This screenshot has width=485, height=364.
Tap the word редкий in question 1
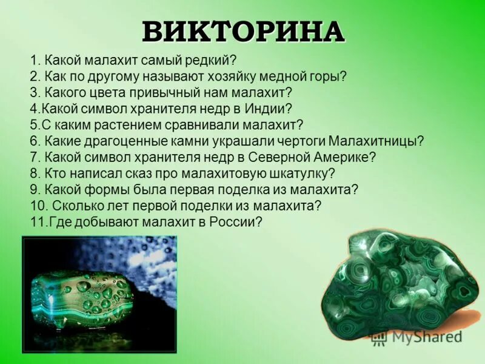click(x=208, y=61)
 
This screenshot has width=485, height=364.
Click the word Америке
click(x=343, y=157)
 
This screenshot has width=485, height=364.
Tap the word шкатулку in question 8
click(x=299, y=174)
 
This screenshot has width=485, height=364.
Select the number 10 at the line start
click(x=36, y=206)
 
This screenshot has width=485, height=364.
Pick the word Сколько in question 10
click(x=76, y=206)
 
